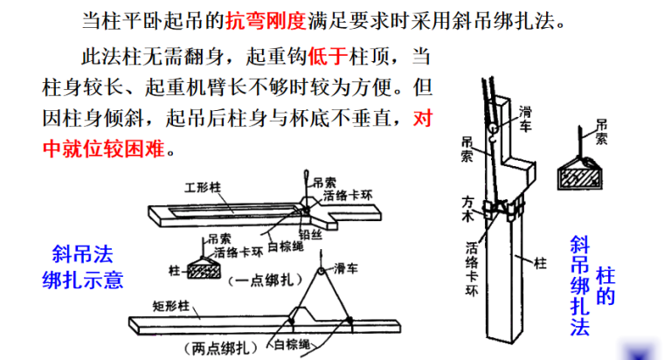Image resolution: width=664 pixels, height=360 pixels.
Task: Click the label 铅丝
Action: (x=308, y=234)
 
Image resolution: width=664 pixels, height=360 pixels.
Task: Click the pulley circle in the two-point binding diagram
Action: (x=321, y=268)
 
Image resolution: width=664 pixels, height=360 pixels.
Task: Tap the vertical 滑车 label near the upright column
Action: (x=526, y=118)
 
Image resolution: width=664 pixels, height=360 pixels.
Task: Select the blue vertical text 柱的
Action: (x=605, y=286)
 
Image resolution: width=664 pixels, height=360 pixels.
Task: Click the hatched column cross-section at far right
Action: (x=581, y=175)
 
